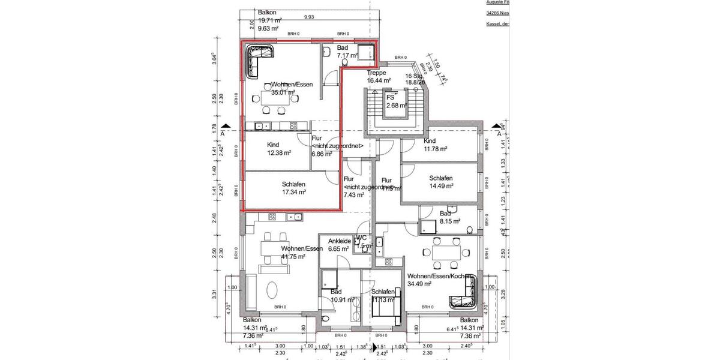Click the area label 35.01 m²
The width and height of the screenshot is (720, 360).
pyautogui.click(x=284, y=93)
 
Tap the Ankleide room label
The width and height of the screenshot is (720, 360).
pyautogui.click(x=339, y=241)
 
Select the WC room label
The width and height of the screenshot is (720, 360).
pyautogui.click(x=361, y=238)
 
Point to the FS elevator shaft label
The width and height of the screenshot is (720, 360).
pyautogui.click(x=390, y=97)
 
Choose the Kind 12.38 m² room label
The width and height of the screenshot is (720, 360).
pyautogui.click(x=273, y=145)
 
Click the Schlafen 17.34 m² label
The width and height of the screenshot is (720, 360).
pyautogui.click(x=294, y=184)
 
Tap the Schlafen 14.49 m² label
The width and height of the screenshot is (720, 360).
pyautogui.click(x=440, y=178)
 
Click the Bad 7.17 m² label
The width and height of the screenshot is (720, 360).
pyautogui.click(x=343, y=48)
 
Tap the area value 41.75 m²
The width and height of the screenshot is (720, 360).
pyautogui.click(x=293, y=256)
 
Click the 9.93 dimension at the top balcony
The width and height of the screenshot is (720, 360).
pyautogui.click(x=310, y=17)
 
